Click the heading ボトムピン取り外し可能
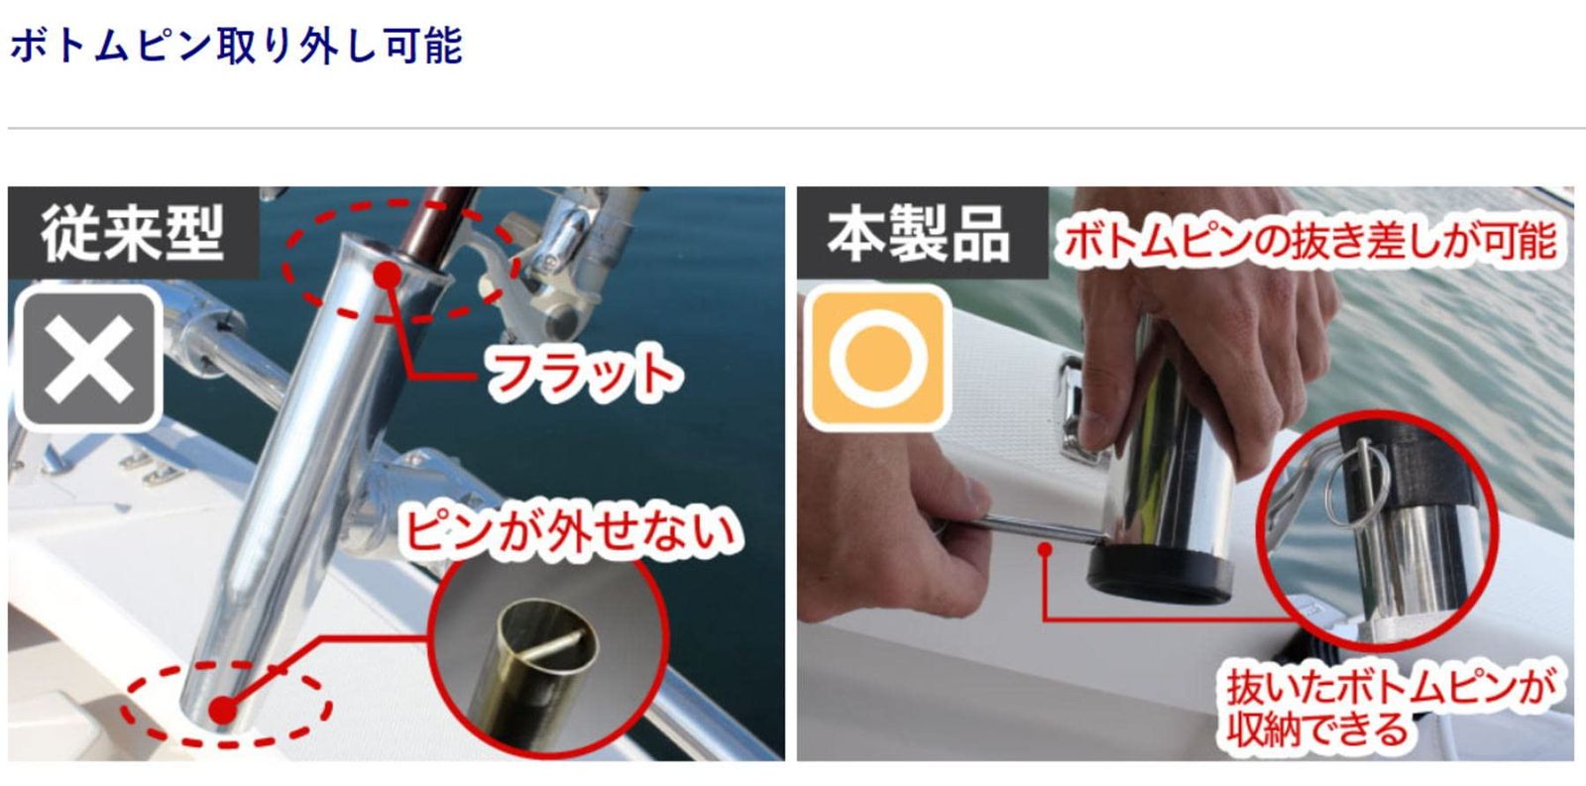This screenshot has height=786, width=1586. [236, 47]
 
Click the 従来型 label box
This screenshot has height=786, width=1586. [133, 234]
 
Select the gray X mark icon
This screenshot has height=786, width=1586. [89, 359]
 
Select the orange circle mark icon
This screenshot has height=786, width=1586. [876, 358]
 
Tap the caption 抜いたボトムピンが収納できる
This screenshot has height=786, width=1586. [1388, 707]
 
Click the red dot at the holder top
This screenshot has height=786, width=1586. [388, 274]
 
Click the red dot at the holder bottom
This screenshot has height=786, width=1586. [224, 710]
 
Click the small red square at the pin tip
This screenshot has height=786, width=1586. [1045, 548]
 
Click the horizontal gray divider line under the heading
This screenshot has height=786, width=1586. [793, 128]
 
